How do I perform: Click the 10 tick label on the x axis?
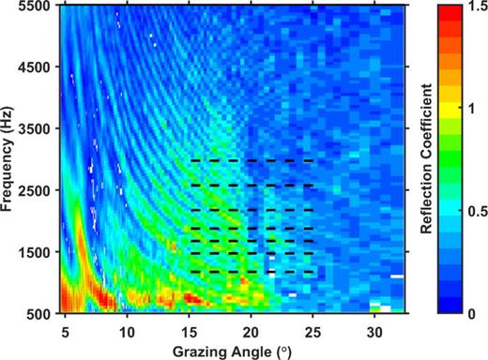(127, 331)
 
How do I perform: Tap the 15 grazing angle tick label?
(189, 331)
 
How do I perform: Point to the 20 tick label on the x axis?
(251, 331)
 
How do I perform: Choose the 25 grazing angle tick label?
(312, 331)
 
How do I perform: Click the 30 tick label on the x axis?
(374, 331)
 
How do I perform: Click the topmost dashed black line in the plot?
(251, 160)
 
